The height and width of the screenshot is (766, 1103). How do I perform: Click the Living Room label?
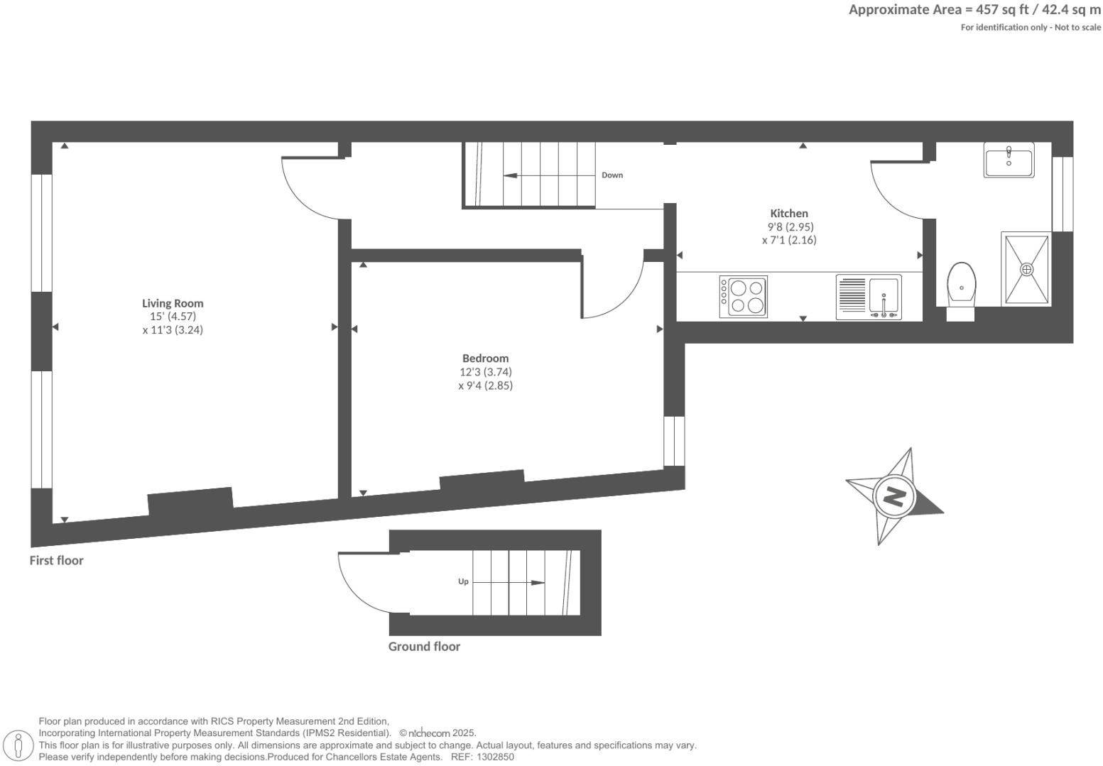coord(173,303)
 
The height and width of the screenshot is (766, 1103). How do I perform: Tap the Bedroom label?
coord(485,359)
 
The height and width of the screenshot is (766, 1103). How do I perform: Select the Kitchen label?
coord(789,213)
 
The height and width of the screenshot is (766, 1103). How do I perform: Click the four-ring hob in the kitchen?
coord(743,297)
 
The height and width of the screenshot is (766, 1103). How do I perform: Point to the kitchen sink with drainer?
coord(869,297)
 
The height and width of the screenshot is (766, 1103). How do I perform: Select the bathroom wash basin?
coord(1009,159)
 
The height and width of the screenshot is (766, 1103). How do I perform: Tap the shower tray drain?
coord(1026,270)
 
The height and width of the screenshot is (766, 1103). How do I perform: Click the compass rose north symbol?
coord(893,496)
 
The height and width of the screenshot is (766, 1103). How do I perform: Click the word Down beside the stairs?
coord(612,175)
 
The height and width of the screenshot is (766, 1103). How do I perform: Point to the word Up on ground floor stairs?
coord(463,581)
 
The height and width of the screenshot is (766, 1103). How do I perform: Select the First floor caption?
coord(56,560)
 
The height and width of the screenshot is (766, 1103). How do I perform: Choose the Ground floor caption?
coord(424,646)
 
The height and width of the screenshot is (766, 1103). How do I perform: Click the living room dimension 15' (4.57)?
coord(173,317)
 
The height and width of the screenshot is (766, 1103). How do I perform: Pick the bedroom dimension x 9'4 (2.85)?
coord(485,385)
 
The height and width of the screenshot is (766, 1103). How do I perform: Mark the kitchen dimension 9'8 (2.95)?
coord(790,227)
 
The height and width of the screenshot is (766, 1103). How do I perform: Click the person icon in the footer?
coord(18,745)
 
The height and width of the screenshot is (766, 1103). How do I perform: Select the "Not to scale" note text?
coord(1077,28)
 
